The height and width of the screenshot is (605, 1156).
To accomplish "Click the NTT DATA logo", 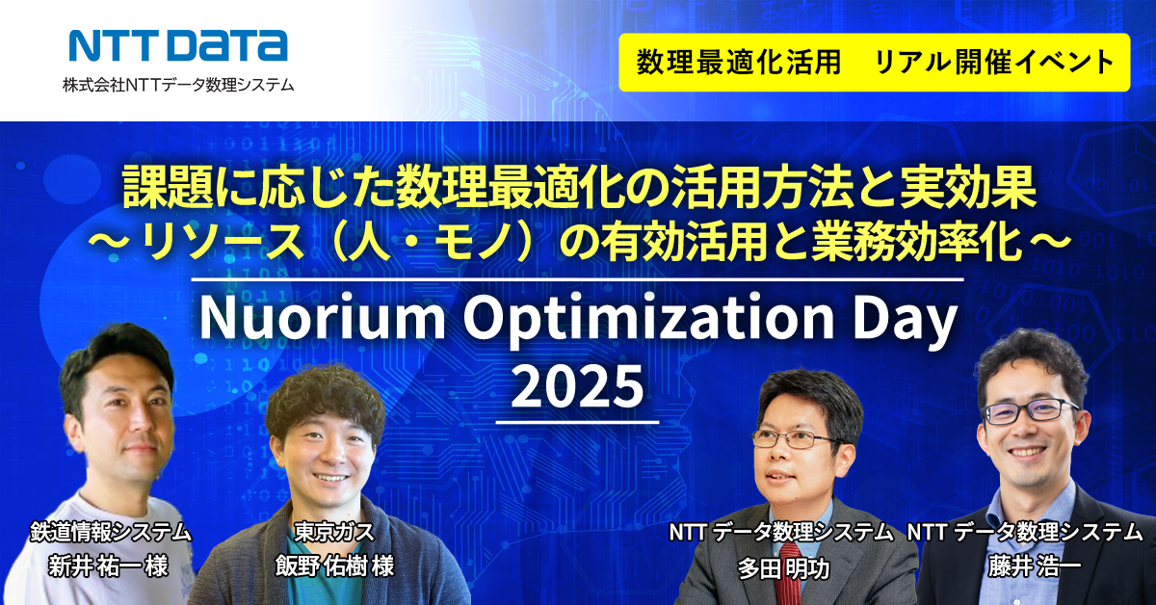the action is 178,45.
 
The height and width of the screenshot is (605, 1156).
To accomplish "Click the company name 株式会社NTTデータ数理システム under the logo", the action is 178,84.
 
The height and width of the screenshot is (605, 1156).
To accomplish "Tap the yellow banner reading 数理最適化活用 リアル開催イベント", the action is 875,63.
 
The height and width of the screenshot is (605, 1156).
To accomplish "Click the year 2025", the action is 577,386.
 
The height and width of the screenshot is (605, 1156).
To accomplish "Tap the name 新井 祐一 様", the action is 108,566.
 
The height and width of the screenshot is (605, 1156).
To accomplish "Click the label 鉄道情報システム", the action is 111,532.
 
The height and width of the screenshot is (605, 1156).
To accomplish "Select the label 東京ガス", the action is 334,532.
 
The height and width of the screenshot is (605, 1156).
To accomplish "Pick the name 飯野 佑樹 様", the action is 334,566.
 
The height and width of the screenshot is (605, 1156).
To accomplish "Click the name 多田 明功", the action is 783,568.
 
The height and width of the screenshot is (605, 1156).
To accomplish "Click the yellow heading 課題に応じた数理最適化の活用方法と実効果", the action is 579,188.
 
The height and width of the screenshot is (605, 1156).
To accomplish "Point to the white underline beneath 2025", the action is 577,422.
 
